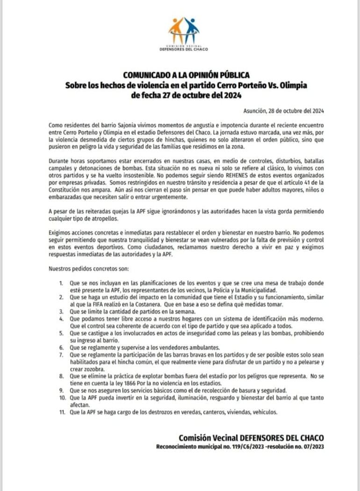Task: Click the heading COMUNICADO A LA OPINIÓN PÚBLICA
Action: (187, 75)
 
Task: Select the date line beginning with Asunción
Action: (283, 111)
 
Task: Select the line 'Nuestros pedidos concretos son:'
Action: (85, 269)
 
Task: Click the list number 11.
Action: (61, 412)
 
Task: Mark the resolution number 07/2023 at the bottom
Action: (310, 447)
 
